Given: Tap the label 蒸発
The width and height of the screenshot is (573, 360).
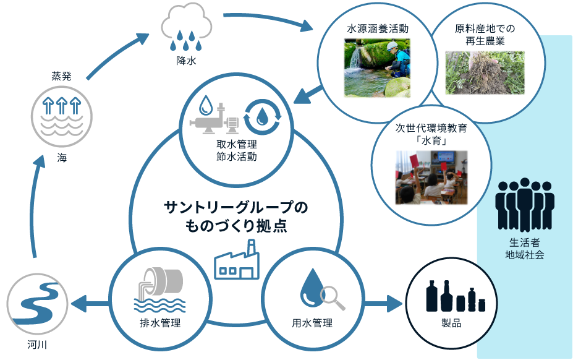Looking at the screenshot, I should click(x=61, y=77).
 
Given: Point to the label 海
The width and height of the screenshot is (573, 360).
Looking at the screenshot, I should click(x=61, y=158).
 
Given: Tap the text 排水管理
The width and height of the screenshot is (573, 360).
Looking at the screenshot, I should click(x=159, y=323).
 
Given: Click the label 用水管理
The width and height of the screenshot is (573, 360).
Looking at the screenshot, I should click(x=312, y=323).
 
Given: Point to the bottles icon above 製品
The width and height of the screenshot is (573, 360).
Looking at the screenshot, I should click(x=456, y=296).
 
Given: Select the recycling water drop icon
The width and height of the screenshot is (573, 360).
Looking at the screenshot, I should click(x=263, y=115).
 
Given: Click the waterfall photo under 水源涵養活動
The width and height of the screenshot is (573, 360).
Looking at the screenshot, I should click(x=377, y=68).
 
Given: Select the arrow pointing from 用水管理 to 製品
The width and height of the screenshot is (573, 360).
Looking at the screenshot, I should click(x=383, y=304).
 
